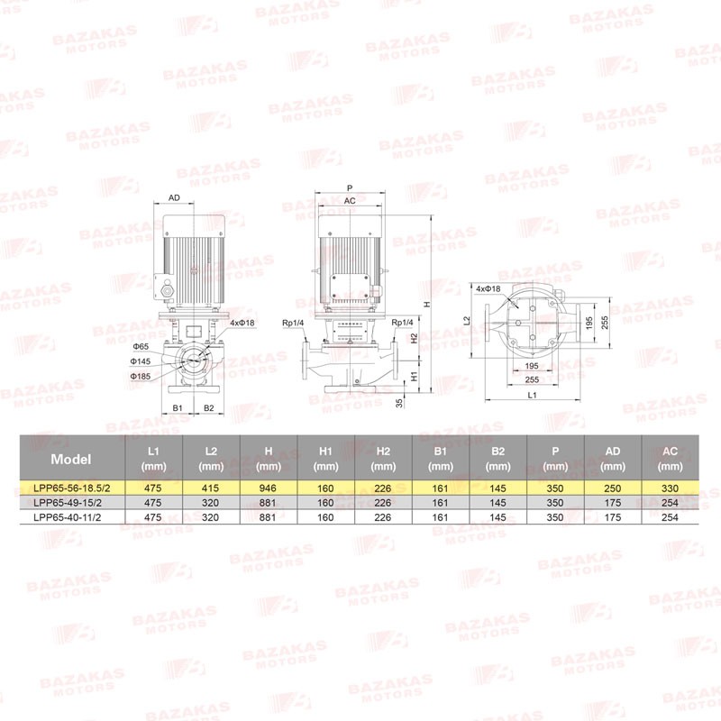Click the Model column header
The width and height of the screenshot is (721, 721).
(71, 459)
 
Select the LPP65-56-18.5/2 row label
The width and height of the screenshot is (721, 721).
(72, 488)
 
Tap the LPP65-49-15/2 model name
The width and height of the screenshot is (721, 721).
(68, 503)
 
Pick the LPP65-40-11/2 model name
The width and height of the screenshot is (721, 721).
(68, 517)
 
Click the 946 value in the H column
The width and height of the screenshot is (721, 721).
(268, 488)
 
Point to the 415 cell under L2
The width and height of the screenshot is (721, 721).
(211, 488)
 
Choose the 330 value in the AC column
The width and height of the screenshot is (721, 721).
(670, 488)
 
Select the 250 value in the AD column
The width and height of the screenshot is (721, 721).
(613, 488)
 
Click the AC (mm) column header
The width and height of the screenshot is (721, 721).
(670, 459)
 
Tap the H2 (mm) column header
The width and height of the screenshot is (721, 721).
(383, 459)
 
